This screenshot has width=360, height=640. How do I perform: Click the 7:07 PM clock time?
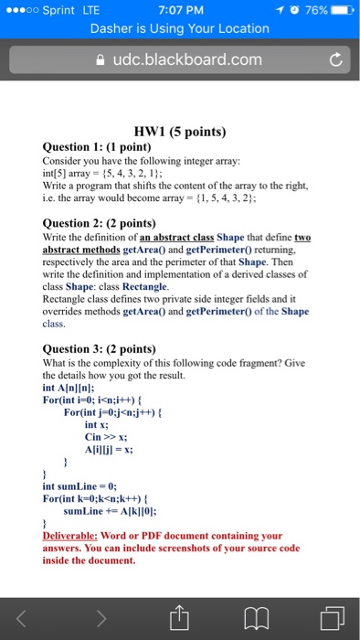point(179,10)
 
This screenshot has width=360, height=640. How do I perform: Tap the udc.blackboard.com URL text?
point(186,60)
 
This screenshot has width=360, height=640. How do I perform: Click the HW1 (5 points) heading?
point(180,130)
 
